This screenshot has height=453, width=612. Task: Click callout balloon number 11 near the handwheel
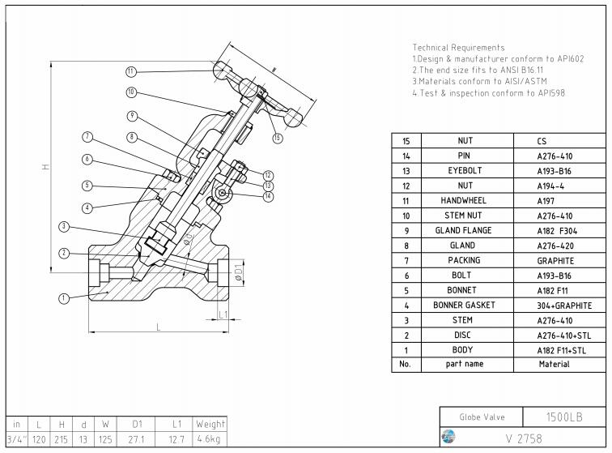[131, 71]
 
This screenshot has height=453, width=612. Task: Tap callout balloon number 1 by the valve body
[64, 298]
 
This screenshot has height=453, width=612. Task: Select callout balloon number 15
[278, 138]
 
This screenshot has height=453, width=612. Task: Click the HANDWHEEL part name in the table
[465, 200]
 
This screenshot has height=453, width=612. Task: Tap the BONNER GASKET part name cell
[465, 306]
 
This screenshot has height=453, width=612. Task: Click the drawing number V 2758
[524, 438]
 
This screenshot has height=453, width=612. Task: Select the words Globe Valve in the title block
[482, 417]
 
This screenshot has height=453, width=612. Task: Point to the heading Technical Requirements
[458, 48]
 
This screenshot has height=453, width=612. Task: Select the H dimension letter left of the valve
[45, 168]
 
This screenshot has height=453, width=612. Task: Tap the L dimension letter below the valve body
[157, 326]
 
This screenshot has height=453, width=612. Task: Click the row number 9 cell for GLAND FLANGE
[406, 230]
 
